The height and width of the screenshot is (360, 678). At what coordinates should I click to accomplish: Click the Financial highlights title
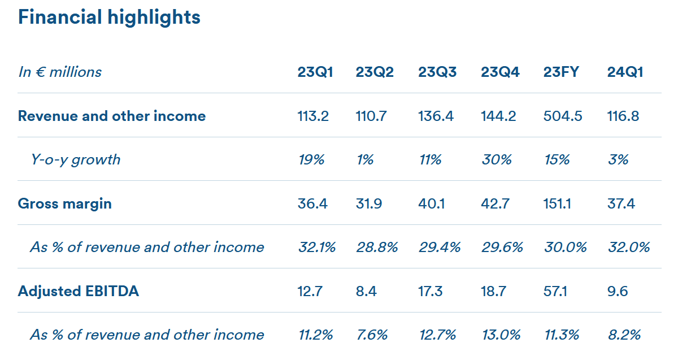click(x=109, y=18)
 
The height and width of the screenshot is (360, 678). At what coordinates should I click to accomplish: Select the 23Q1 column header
click(x=315, y=72)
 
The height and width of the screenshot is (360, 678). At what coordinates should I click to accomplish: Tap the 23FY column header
click(x=561, y=72)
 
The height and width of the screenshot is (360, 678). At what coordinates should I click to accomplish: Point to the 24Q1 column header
click(x=625, y=72)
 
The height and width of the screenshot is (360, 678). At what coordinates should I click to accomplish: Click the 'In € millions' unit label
click(x=60, y=72)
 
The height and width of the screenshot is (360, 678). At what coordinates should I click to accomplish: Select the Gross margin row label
click(x=65, y=204)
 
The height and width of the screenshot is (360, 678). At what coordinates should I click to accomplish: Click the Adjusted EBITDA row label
click(x=79, y=291)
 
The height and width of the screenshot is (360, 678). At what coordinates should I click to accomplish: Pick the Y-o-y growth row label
click(x=76, y=160)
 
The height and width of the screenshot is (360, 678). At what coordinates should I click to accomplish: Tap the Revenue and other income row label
click(x=112, y=116)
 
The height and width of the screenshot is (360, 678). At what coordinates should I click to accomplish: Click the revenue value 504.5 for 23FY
click(x=563, y=116)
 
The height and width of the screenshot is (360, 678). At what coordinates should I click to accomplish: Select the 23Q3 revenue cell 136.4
click(x=436, y=116)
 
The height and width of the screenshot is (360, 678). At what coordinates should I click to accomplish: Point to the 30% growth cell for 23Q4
click(x=497, y=159)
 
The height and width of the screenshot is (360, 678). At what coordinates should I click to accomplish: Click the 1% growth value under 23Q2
click(x=365, y=159)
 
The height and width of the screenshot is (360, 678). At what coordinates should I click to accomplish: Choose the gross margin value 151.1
click(x=557, y=203)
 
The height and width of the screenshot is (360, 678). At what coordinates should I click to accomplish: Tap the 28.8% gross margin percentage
click(x=377, y=247)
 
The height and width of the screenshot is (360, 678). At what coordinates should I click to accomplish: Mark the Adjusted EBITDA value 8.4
click(x=366, y=291)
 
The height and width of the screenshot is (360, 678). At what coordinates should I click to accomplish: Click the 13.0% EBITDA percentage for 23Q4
click(x=501, y=335)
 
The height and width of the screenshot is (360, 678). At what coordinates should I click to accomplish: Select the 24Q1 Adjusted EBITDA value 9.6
click(x=618, y=291)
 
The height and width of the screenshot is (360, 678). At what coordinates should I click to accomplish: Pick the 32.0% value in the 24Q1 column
click(x=629, y=247)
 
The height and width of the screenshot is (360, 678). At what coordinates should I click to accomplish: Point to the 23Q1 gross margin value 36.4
click(x=312, y=203)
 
